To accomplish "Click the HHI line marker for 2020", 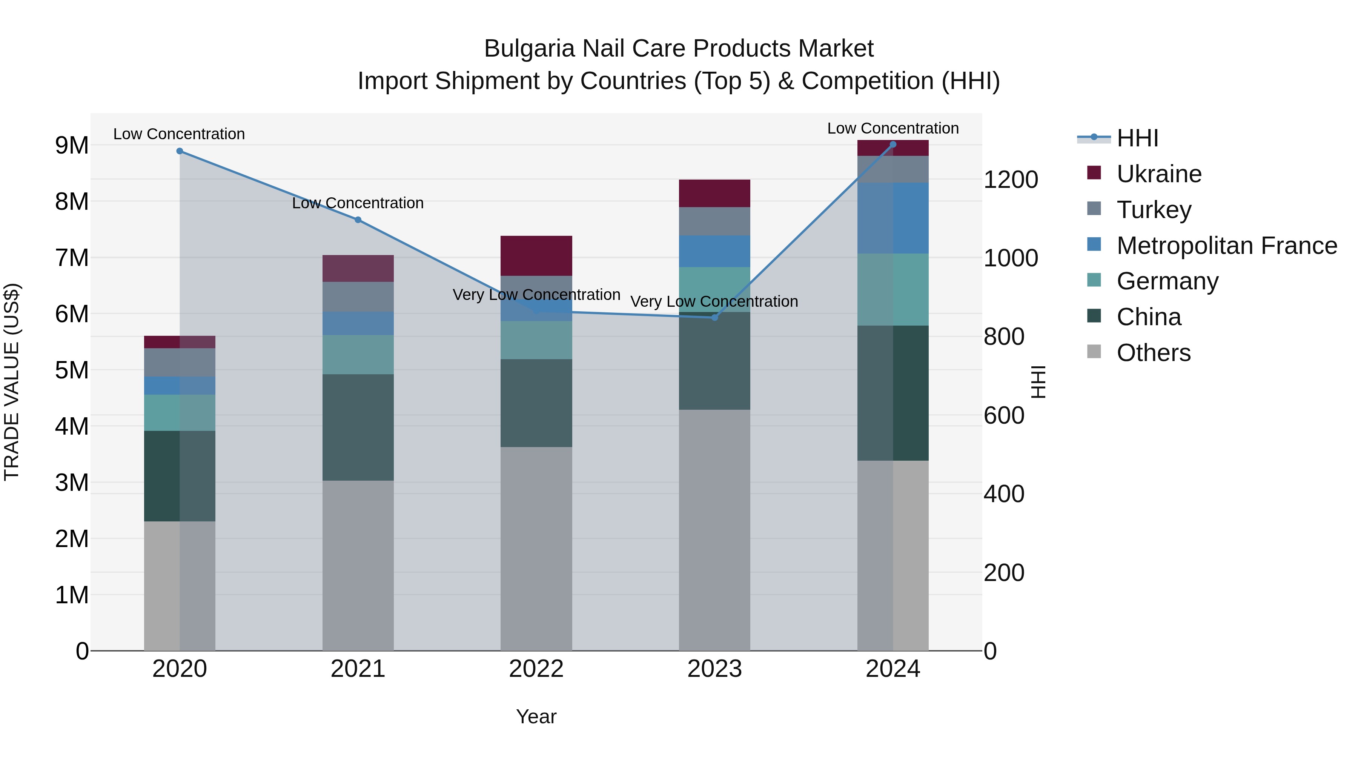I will tap(180, 151).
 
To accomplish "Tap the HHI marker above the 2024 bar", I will tap(893, 144).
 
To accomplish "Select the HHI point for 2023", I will tap(715, 317).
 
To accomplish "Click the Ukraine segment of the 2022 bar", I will tap(536, 256).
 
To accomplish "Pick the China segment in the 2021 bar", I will tap(358, 427).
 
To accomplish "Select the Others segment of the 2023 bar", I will tap(714, 530).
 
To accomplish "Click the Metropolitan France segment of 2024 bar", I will tap(893, 218).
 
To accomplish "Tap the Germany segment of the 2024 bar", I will tap(893, 289).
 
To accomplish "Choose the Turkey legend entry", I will tap(1154, 210).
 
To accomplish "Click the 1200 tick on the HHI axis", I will tap(1011, 180).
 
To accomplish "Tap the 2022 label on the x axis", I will tap(536, 669).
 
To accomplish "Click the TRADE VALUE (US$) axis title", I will tap(12, 382).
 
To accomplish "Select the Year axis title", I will tap(536, 716).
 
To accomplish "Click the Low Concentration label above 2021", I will tap(358, 203).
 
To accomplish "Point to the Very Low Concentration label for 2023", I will tap(714, 301).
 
